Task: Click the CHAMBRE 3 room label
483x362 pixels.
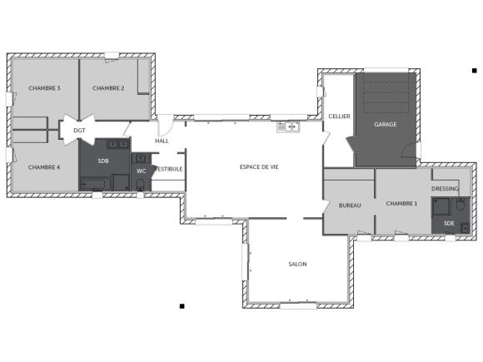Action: (44, 88)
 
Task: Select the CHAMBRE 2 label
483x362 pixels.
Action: (108, 88)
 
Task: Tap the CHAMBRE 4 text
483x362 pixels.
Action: (44, 167)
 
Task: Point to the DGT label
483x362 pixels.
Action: (79, 131)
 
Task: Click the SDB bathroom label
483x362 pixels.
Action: (103, 161)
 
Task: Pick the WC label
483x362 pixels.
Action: (141, 171)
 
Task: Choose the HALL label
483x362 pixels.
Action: (162, 141)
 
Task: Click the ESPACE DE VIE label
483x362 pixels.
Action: (259, 167)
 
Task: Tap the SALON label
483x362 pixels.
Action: (297, 264)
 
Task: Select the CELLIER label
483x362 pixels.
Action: (339, 116)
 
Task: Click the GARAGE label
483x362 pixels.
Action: (385, 124)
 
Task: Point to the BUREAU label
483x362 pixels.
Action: (350, 205)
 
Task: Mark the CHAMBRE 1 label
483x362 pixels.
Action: (402, 203)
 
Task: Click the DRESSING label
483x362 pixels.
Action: (445, 189)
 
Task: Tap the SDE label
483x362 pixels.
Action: (449, 223)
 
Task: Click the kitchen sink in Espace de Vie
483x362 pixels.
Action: (289, 126)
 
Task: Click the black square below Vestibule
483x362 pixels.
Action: (182, 307)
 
